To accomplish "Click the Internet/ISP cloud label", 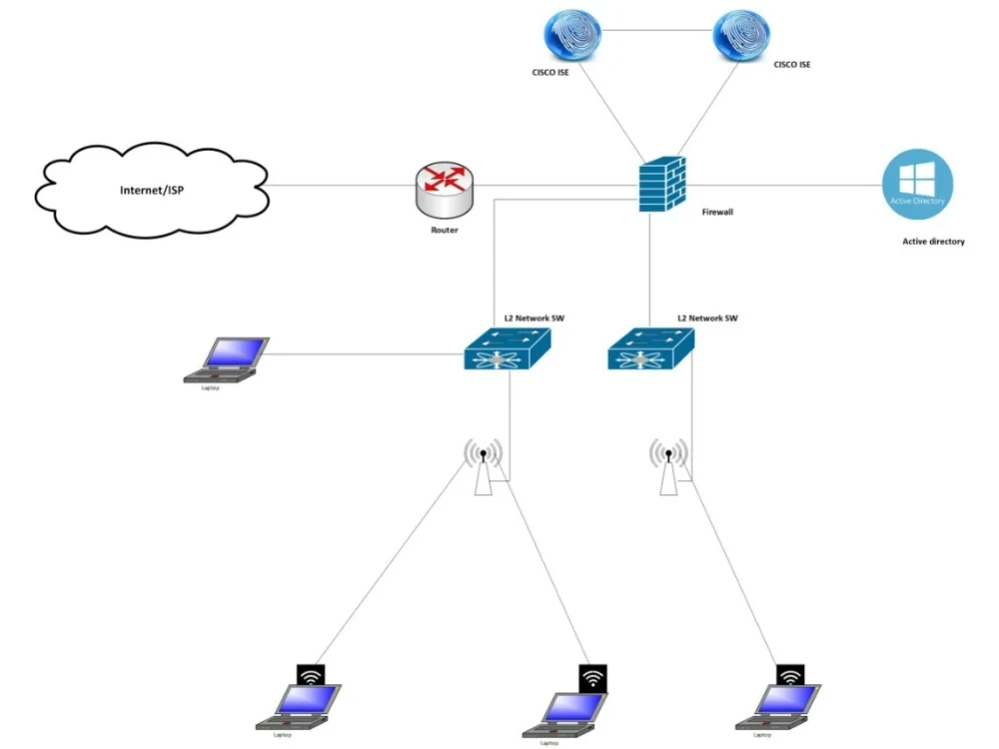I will [x=151, y=190].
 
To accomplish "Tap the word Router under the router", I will [x=444, y=230].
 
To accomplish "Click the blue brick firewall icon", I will [x=662, y=183].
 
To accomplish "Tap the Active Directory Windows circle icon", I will [x=917, y=184].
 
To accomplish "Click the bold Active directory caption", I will [x=933, y=242].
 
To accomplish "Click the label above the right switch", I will [x=707, y=318].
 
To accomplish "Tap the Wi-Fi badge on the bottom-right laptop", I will [x=790, y=676].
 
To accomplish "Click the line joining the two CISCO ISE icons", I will [x=657, y=30].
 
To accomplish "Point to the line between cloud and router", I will [x=340, y=184].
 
